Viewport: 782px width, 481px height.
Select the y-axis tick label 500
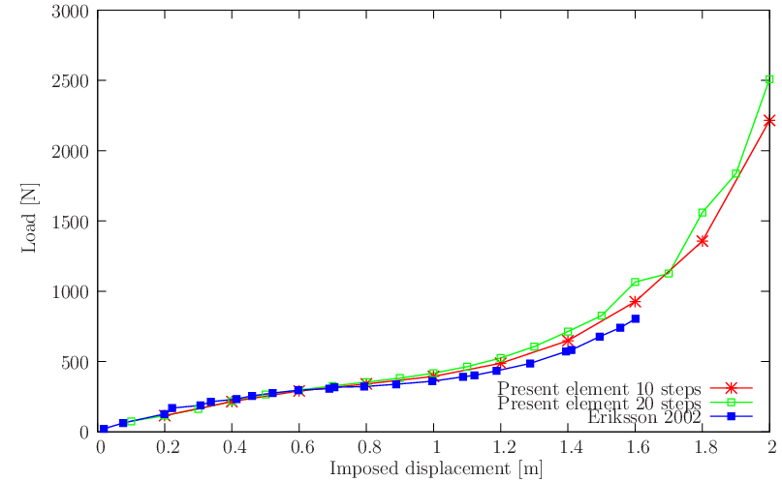[78, 361]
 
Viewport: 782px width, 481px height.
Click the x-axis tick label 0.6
[301, 448]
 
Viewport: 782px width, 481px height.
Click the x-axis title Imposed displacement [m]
[435, 469]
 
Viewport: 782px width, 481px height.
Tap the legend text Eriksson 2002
[643, 416]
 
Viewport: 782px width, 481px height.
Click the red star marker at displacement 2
[769, 120]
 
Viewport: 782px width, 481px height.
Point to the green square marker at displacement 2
[769, 79]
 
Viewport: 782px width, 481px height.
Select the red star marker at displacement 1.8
[703, 240]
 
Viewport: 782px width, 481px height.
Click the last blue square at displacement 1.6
[636, 318]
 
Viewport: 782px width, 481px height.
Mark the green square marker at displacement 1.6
[636, 283]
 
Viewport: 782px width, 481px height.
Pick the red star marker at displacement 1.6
[636, 302]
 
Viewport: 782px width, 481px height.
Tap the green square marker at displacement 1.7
[669, 273]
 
